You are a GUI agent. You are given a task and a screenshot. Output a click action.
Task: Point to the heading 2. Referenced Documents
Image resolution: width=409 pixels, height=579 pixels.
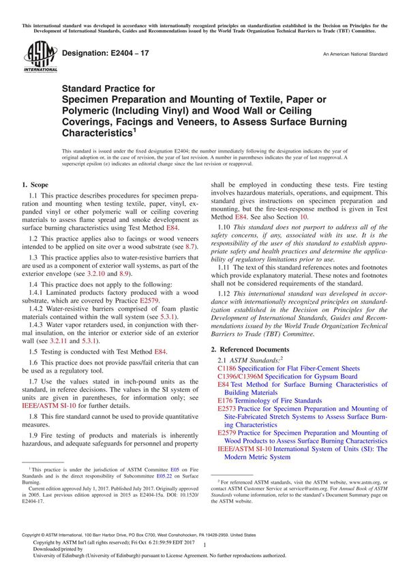(x=254, y=349)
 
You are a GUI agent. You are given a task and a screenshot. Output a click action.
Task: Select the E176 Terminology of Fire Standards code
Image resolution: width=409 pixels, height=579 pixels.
(x=226, y=401)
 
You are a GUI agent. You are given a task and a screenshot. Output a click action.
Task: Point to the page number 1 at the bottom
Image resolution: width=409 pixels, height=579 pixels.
(x=204, y=556)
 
